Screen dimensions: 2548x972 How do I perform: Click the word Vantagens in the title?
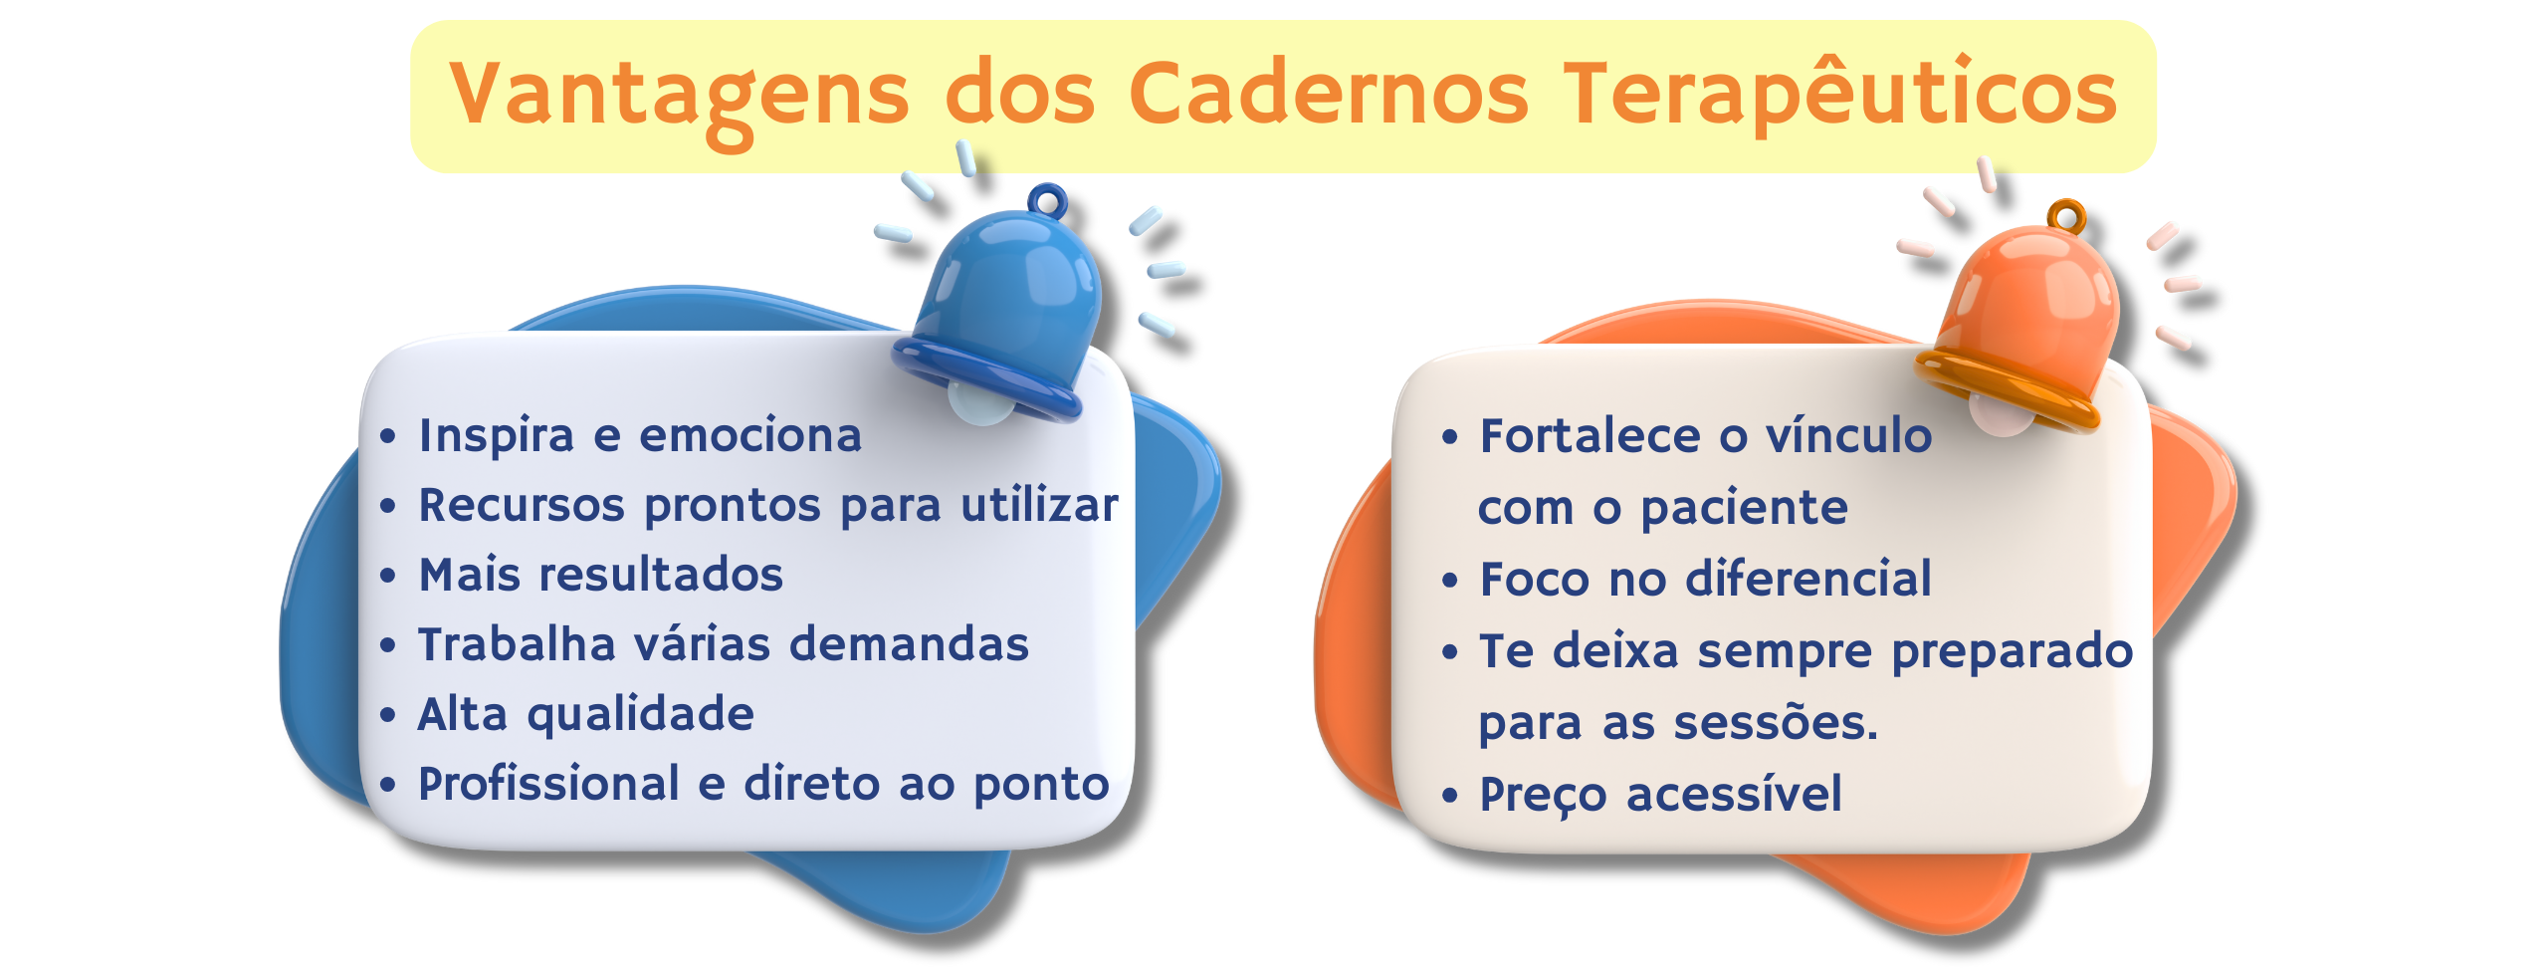tap(679, 98)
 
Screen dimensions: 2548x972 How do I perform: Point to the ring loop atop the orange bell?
tap(2066, 215)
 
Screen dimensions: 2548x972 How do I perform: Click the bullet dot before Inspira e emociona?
tap(388, 436)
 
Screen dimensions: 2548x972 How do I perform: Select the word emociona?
tap(750, 435)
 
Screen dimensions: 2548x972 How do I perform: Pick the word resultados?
tap(661, 574)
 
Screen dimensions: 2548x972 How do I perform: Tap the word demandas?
tap(910, 643)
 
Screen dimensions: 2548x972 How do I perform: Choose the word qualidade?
tap(641, 715)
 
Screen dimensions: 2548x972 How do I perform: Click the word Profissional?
tap(549, 783)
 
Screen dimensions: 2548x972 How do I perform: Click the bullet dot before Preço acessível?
tap(1450, 796)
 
